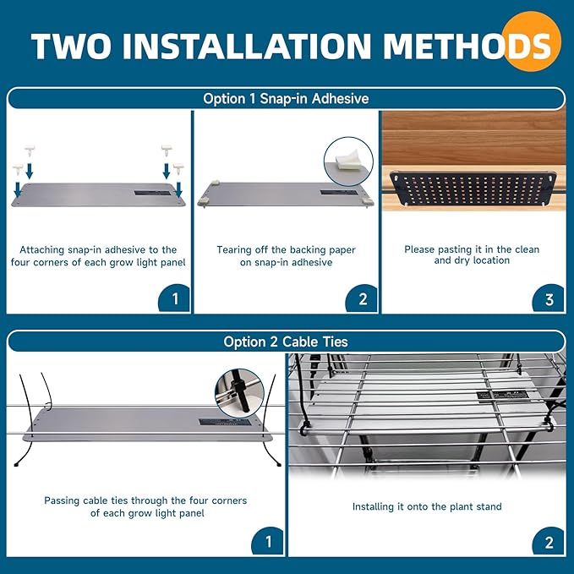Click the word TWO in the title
71,46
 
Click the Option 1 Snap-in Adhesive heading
286,99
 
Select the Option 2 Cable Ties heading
286,342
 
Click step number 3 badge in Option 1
549,298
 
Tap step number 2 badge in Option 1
362,298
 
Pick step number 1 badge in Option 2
268,541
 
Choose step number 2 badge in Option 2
549,541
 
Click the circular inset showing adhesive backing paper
348,161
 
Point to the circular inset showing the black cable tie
239,394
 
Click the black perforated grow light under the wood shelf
473,189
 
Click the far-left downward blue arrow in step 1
17,189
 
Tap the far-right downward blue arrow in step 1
178,189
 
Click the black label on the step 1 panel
153,193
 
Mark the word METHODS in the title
467,46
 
